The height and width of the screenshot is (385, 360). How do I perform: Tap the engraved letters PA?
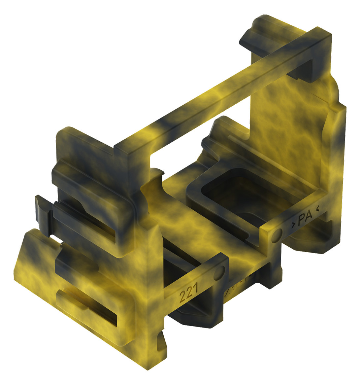(x=305, y=220)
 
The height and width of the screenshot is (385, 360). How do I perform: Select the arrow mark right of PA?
(x=317, y=208)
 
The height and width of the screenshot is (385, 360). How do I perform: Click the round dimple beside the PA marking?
(x=277, y=235)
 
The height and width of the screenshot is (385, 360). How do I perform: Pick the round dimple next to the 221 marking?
(x=219, y=272)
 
